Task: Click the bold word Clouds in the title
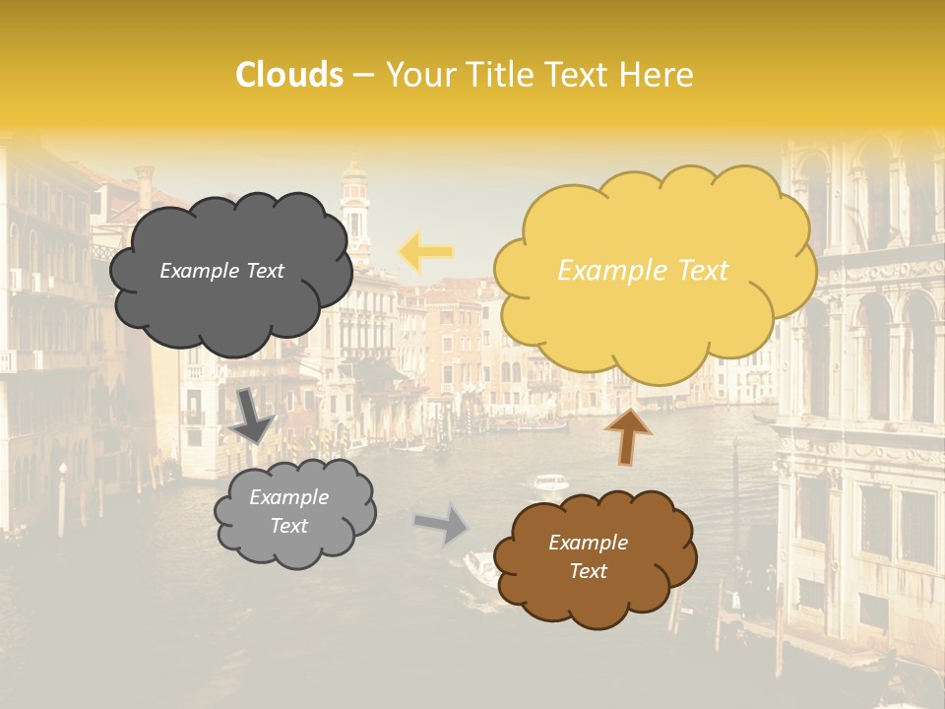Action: (288, 75)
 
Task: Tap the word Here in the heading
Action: (658, 75)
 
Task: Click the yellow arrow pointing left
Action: (425, 251)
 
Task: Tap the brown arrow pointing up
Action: (628, 434)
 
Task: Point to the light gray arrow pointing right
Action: (442, 523)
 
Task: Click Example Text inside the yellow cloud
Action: (643, 271)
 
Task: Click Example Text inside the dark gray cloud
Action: (221, 271)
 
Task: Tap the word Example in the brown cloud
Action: (588, 543)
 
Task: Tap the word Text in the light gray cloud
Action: (288, 526)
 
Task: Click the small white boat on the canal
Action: (550, 483)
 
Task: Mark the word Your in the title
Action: (415, 75)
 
